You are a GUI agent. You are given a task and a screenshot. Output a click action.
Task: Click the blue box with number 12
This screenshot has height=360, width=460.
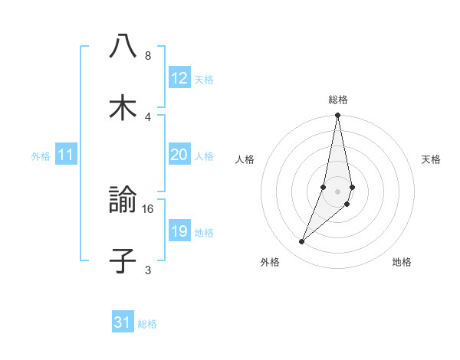tap(179, 78)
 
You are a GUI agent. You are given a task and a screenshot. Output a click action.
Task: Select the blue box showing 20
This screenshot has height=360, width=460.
tap(179, 155)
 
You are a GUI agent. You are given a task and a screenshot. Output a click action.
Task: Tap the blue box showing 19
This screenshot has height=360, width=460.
tap(179, 231)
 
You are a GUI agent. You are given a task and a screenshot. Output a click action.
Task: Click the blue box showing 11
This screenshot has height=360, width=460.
tap(66, 155)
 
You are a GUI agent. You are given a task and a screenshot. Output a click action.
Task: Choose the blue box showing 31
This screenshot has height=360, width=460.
tap(123, 322)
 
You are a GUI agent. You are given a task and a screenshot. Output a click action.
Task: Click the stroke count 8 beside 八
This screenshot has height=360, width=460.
tap(148, 55)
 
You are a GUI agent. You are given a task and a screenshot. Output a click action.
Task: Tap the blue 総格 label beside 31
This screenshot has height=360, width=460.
tap(147, 324)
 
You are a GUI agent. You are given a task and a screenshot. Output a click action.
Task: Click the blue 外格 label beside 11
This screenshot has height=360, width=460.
tap(41, 156)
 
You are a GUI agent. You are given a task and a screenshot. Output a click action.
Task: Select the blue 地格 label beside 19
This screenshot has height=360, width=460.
tap(204, 233)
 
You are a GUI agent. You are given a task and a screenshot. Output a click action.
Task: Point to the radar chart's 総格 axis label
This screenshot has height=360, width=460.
tap(338, 100)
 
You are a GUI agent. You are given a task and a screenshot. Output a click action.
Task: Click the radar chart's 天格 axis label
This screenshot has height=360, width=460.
tap(432, 159)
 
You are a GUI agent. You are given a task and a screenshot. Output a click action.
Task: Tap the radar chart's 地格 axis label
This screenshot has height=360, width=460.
tap(402, 262)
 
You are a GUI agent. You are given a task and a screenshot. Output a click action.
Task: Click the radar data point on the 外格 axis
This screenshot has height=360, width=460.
tap(301, 242)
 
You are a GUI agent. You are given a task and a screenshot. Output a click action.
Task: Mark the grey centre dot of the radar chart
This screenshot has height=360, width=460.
tap(338, 191)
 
